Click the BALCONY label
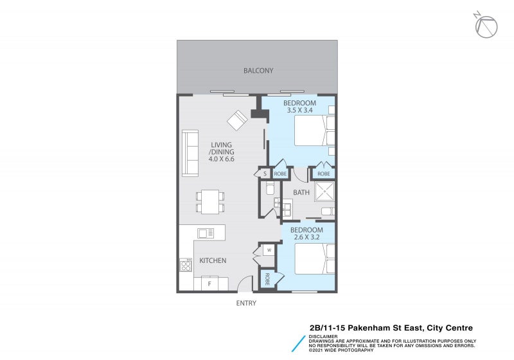(x=258, y=71)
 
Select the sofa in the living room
(x=190, y=153)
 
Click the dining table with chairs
(x=210, y=201)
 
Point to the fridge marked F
(x=209, y=283)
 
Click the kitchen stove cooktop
(x=186, y=265)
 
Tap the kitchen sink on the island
(x=206, y=233)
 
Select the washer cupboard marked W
(x=269, y=250)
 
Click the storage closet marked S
(x=265, y=173)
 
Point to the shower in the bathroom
(x=324, y=192)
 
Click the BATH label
(x=301, y=192)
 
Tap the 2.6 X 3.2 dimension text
(x=306, y=238)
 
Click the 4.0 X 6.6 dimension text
(x=220, y=159)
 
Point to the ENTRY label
(x=246, y=303)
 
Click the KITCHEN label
(x=212, y=260)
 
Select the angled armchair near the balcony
(x=237, y=120)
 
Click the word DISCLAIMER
(x=319, y=336)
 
